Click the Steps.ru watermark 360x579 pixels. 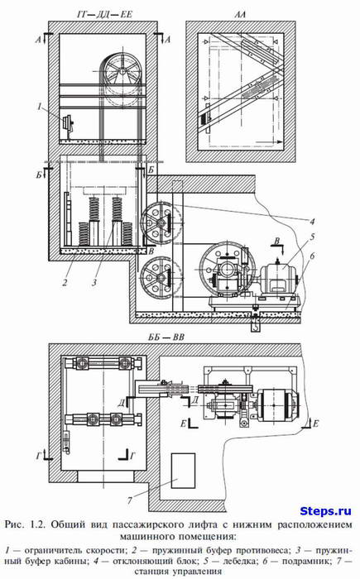[x=325, y=511]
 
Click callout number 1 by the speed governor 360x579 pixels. [x=40, y=107]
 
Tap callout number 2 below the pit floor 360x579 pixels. [x=65, y=283]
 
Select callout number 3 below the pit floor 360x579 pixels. [x=94, y=283]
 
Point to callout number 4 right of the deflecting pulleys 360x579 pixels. [x=312, y=222]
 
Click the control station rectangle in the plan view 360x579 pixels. [x=183, y=471]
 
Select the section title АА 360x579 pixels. [x=240, y=15]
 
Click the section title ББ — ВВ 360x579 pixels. [x=166, y=337]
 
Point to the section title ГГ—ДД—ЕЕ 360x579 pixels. [x=104, y=15]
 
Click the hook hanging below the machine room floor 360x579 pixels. [x=256, y=325]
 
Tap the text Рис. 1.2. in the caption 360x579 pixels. [x=26, y=524]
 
